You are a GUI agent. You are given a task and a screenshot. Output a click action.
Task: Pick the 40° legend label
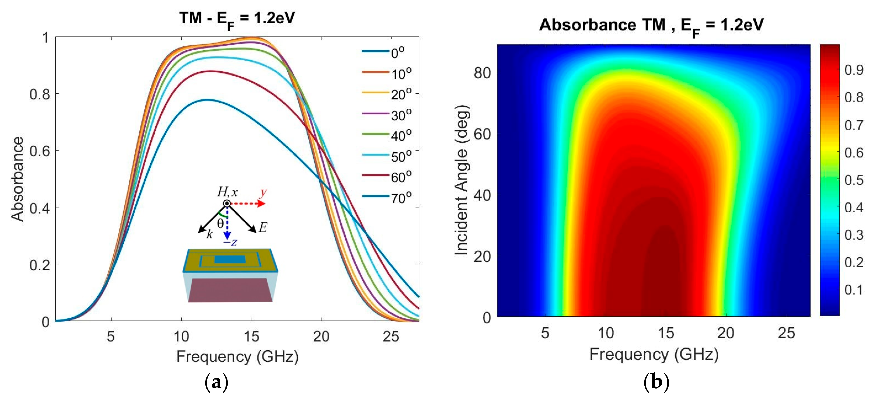[401, 136]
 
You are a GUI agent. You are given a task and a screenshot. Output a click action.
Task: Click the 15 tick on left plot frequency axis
[251, 336]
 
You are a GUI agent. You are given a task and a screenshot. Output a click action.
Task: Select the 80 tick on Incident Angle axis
[482, 73]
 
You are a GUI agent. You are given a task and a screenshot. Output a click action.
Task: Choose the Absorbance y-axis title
[17, 179]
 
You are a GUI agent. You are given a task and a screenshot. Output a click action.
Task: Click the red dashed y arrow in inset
[247, 203]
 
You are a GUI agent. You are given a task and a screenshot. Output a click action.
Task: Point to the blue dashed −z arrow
[227, 223]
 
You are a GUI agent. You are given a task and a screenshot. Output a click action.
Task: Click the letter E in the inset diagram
[263, 227]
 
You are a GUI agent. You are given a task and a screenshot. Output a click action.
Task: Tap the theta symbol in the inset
[220, 223]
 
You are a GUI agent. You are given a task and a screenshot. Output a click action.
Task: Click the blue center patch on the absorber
[230, 259]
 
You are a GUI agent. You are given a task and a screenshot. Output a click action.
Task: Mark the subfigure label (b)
[656, 382]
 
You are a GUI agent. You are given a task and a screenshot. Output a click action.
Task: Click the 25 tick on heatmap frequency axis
[786, 333]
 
